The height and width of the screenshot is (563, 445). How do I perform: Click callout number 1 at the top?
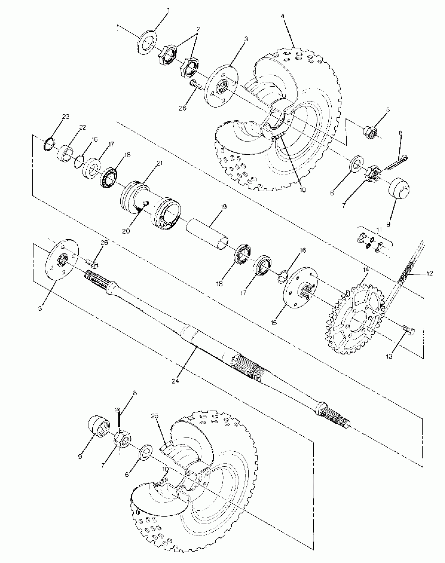click(168, 10)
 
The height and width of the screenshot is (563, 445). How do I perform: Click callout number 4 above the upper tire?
click(282, 16)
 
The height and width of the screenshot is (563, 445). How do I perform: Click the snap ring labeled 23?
click(49, 144)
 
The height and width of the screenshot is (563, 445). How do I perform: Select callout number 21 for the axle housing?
click(159, 164)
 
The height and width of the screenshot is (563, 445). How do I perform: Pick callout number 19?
click(223, 207)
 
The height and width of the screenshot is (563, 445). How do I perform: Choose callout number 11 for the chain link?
click(379, 230)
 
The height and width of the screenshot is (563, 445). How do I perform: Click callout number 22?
click(83, 127)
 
